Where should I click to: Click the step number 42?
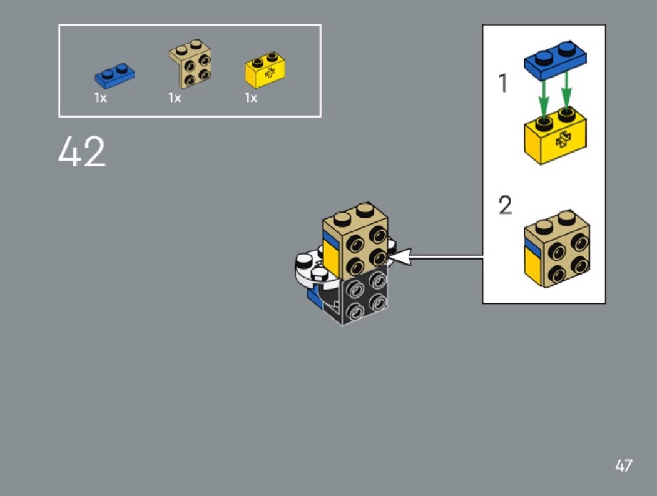pyautogui.click(x=82, y=151)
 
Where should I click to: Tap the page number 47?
pyautogui.click(x=624, y=465)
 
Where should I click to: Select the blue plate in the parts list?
pyautogui.click(x=115, y=76)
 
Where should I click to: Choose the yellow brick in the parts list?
pyautogui.click(x=265, y=70)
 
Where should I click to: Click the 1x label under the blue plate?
pyautogui.click(x=101, y=98)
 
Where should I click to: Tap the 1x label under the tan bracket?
pyautogui.click(x=175, y=98)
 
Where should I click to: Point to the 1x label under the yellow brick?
pyautogui.click(x=251, y=98)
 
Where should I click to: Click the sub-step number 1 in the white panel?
pyautogui.click(x=503, y=83)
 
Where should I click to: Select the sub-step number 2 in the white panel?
pyautogui.click(x=506, y=205)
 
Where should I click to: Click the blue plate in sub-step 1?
pyautogui.click(x=555, y=60)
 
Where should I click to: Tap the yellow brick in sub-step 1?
pyautogui.click(x=555, y=136)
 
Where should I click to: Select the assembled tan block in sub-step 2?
pyautogui.click(x=557, y=249)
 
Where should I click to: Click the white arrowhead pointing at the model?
pyautogui.click(x=399, y=257)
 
